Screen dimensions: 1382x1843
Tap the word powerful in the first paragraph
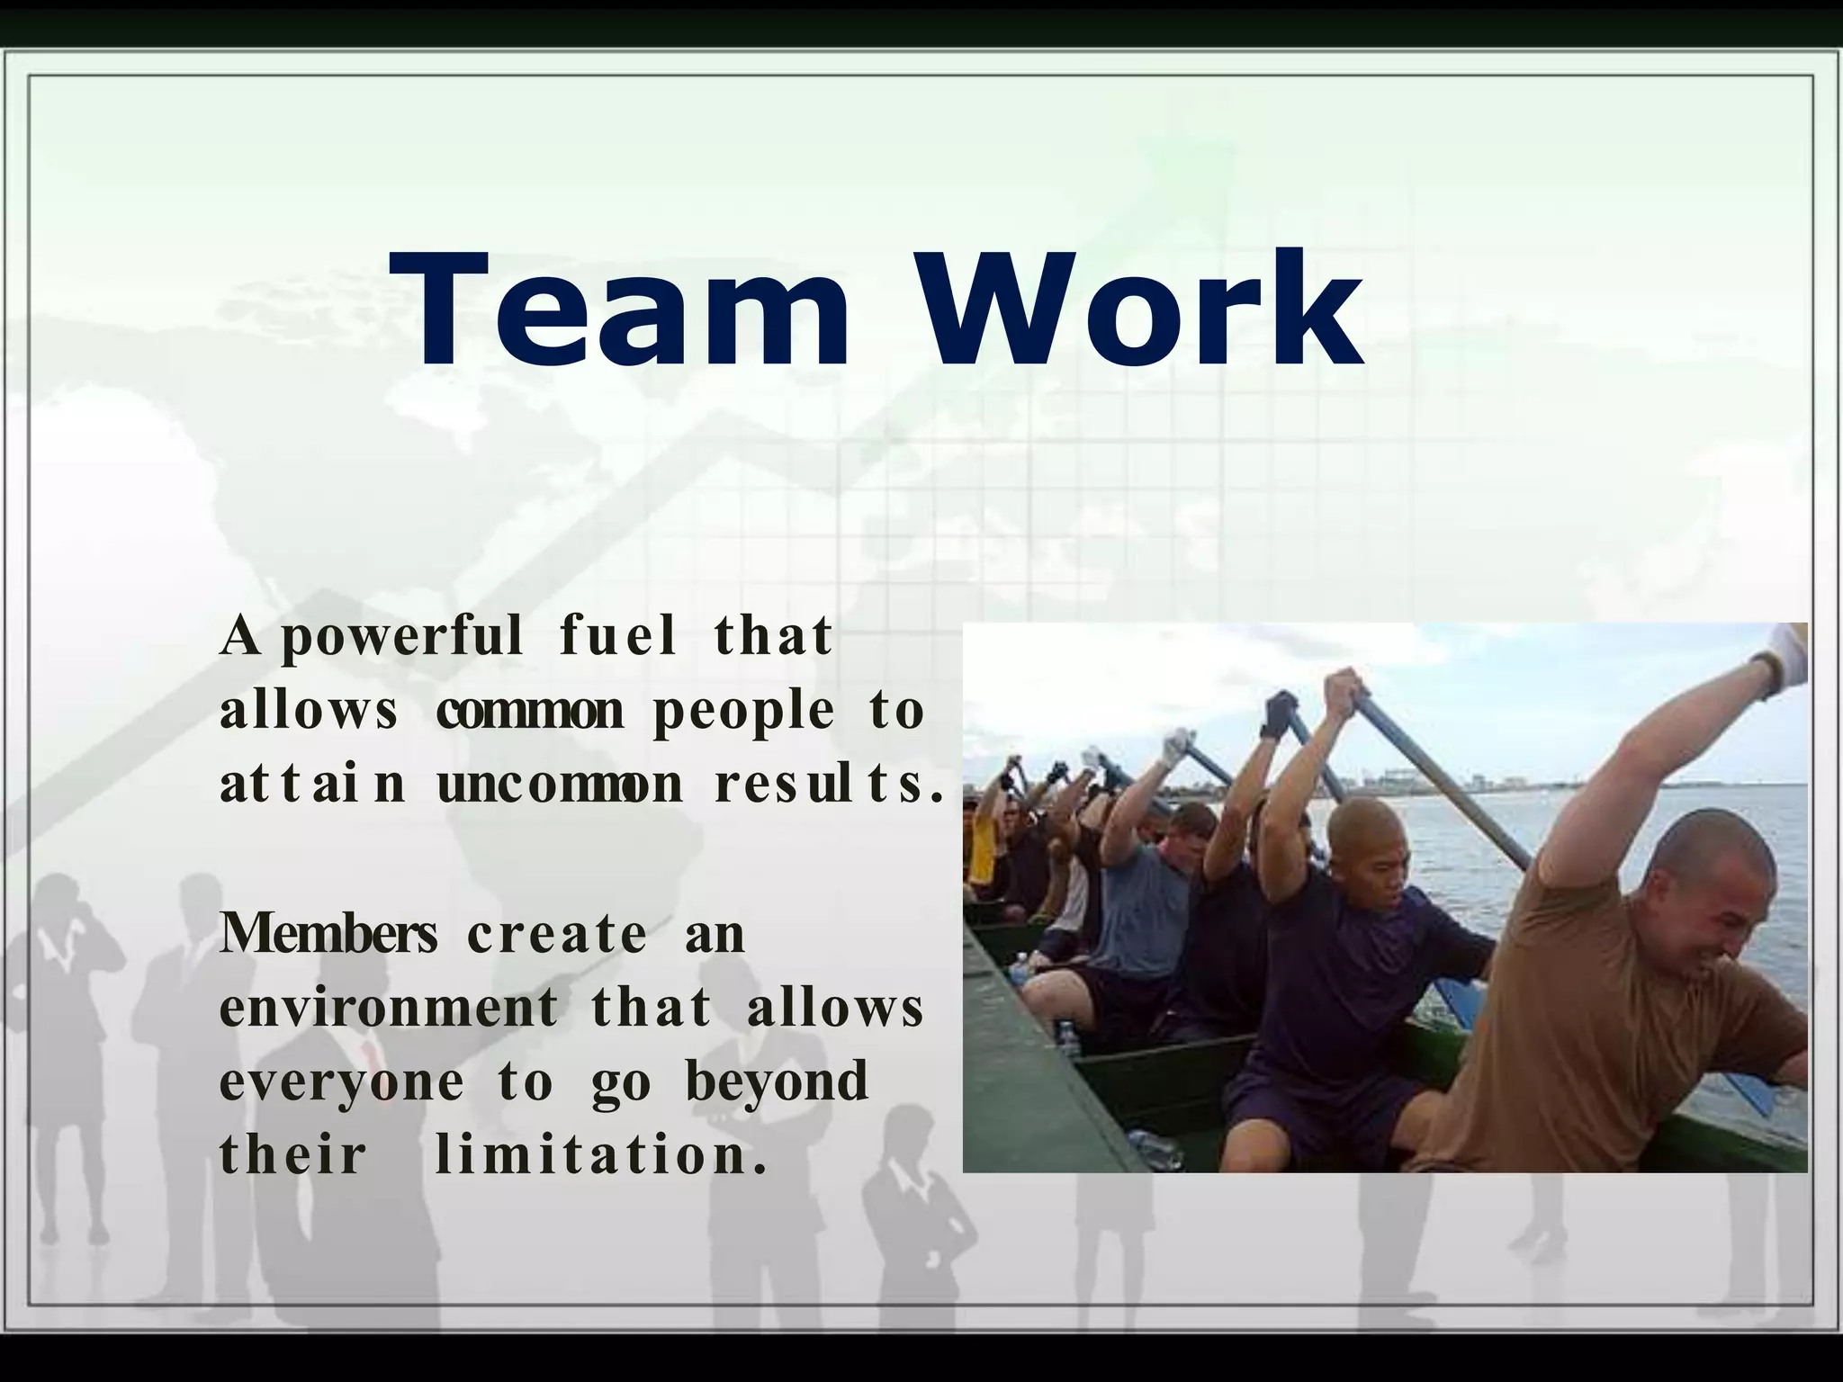click(x=401, y=637)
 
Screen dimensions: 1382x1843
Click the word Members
click(x=328, y=933)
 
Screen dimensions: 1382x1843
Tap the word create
click(x=557, y=934)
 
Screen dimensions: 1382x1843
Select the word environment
click(x=389, y=1007)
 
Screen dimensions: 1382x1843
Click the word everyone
click(x=342, y=1082)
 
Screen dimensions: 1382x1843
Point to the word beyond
click(x=777, y=1081)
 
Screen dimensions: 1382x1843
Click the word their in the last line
click(x=293, y=1154)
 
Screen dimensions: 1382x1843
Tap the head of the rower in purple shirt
click(x=1364, y=841)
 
